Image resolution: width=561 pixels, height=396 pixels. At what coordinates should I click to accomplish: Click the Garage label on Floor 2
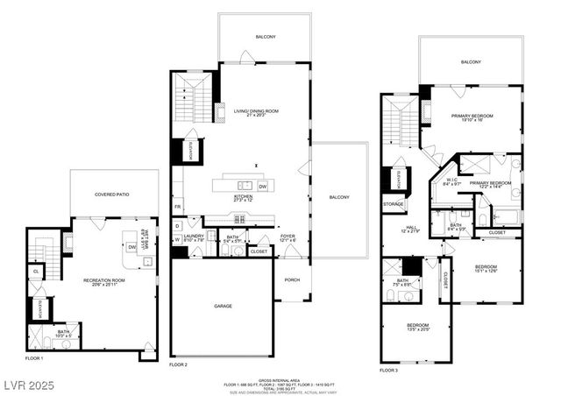coord(223,307)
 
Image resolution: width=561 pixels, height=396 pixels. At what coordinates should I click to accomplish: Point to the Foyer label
coord(288,235)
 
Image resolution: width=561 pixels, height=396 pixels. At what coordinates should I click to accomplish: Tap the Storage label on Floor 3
coord(394,203)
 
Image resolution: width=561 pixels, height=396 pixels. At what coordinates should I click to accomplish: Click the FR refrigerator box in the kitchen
coord(178,207)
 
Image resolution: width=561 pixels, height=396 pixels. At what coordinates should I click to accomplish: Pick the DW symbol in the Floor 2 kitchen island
coord(262,186)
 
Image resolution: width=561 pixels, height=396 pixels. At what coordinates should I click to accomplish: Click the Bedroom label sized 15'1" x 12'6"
coord(486,266)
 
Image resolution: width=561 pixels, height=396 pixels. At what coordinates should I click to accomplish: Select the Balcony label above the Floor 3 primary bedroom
coord(471,62)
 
